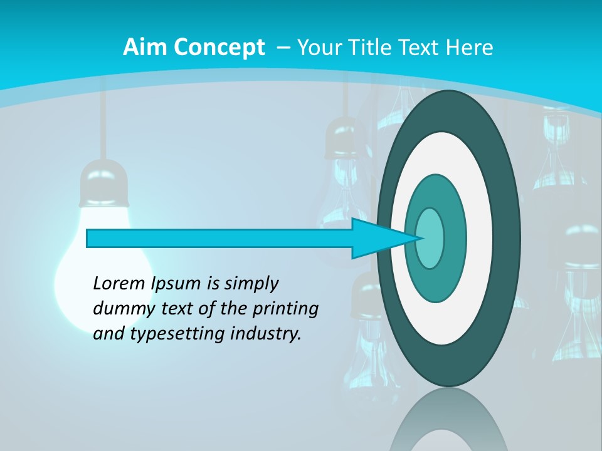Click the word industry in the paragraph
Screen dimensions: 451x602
pos(266,334)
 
